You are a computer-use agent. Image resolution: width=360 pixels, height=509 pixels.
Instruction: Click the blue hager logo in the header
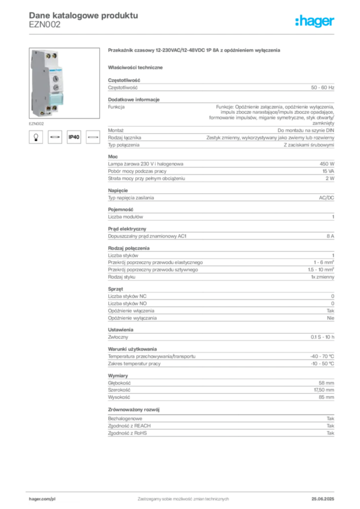pos(315,22)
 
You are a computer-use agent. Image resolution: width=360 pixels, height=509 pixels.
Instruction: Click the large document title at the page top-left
pos(82,14)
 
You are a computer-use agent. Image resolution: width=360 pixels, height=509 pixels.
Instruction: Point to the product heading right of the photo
pos(194,51)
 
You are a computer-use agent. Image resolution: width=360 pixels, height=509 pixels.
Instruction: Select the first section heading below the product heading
pos(137,67)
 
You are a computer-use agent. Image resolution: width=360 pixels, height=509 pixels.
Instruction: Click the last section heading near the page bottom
pos(135,410)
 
